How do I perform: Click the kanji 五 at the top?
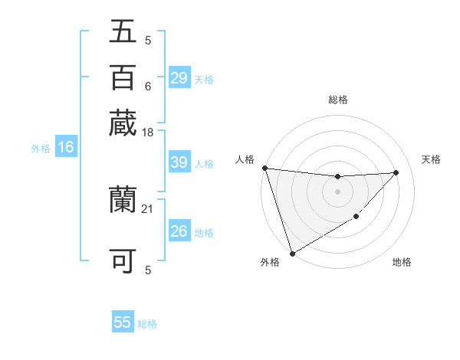(x=123, y=31)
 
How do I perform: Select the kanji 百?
(x=123, y=77)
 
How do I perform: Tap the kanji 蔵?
(x=123, y=123)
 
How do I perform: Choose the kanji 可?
(x=123, y=260)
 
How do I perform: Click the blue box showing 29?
(x=179, y=78)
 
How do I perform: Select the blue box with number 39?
(x=179, y=163)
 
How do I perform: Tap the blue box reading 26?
(x=179, y=231)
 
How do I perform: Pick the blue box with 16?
(x=66, y=148)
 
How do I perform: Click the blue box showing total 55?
(x=123, y=322)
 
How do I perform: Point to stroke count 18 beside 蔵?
(x=148, y=133)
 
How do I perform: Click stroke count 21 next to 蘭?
(x=148, y=208)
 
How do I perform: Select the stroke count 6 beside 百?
(x=148, y=86)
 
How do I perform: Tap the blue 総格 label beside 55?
(x=147, y=324)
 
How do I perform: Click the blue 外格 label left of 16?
(x=41, y=149)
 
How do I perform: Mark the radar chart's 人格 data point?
(x=264, y=168)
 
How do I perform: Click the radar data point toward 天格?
(x=396, y=172)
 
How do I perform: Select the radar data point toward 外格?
(x=292, y=253)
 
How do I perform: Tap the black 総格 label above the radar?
(x=337, y=100)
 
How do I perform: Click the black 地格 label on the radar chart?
(x=402, y=263)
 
